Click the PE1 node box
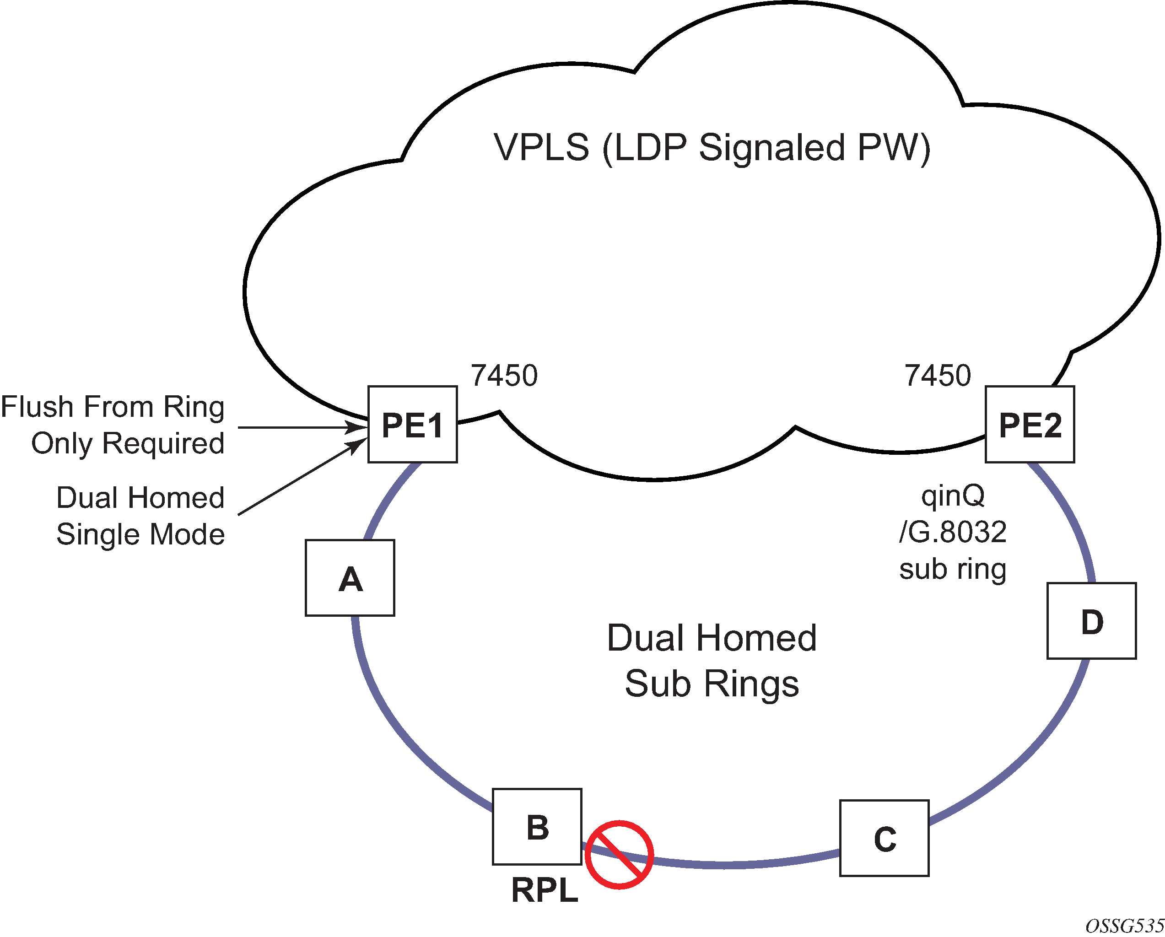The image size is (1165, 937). click(413, 424)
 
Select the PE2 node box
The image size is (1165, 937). click(1030, 424)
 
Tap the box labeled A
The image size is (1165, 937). click(350, 578)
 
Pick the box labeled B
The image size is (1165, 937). click(537, 827)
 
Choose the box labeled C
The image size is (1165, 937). click(885, 838)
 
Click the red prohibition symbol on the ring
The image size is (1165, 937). click(619, 855)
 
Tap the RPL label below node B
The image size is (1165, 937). click(545, 890)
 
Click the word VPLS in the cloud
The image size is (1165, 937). click(541, 147)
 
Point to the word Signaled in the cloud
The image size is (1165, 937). click(771, 148)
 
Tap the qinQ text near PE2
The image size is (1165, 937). click(953, 496)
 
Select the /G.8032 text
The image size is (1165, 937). click(953, 532)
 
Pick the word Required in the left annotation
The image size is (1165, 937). click(163, 444)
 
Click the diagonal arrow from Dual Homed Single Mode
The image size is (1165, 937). click(302, 476)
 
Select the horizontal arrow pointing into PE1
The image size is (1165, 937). click(302, 427)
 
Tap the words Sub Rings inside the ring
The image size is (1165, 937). click(712, 684)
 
